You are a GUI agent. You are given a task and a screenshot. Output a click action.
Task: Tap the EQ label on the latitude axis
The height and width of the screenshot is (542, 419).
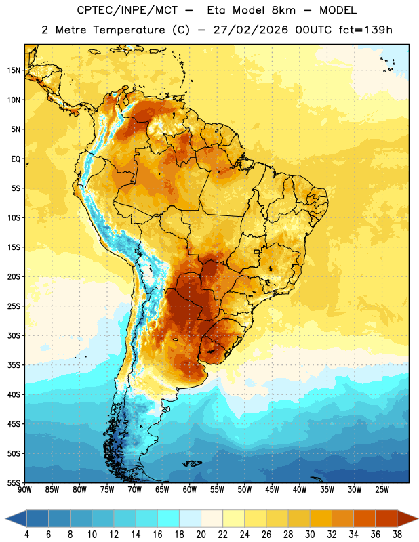(x=16, y=159)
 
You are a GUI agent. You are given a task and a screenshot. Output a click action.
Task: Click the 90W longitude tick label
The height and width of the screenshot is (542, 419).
(x=24, y=490)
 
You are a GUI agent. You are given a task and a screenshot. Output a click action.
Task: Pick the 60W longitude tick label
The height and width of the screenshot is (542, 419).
(x=190, y=490)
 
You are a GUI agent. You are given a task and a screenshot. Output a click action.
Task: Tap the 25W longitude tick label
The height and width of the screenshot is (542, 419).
(x=382, y=490)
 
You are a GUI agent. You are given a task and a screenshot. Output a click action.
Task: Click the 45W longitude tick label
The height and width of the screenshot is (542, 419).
(x=272, y=490)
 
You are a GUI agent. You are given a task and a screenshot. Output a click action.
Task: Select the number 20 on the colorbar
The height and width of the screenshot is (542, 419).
(x=201, y=535)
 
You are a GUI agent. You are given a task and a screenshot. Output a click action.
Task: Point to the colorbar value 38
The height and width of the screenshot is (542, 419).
(x=397, y=535)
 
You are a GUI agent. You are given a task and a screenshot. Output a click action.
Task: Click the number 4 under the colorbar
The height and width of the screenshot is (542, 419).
(x=26, y=535)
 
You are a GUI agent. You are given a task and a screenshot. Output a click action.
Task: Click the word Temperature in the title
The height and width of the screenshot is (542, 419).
(x=129, y=30)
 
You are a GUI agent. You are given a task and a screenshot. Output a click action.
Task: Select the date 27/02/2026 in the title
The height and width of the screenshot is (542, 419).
(x=250, y=30)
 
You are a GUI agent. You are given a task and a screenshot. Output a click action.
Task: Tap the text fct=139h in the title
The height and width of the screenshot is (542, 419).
(x=365, y=30)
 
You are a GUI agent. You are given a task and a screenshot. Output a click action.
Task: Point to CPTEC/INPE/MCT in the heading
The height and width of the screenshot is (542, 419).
(x=127, y=10)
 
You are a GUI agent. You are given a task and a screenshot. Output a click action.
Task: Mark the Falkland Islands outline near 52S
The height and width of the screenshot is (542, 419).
(x=193, y=463)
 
